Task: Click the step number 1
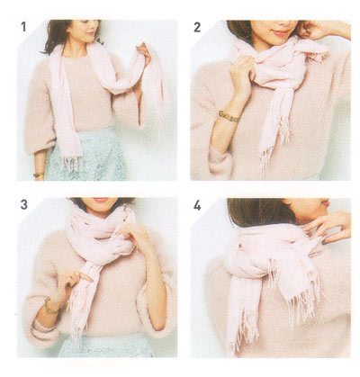click(x=23, y=27)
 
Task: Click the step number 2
click(x=197, y=28)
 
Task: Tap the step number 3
click(x=24, y=205)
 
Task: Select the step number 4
click(x=197, y=206)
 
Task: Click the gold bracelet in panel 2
click(x=229, y=116)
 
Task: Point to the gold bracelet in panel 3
click(x=49, y=307)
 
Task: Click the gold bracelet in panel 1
click(x=39, y=175)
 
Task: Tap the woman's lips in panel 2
click(x=281, y=32)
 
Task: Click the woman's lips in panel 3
click(x=101, y=200)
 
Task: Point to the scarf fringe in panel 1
click(x=72, y=164)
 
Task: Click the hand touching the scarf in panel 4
click(x=328, y=228)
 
